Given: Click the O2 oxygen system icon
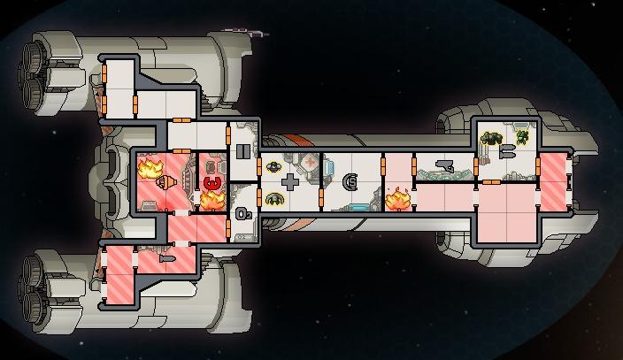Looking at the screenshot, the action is coord(243,214).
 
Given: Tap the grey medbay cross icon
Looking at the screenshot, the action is coord(290,182).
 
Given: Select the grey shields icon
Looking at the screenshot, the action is coord(350,182).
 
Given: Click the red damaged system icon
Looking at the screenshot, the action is coord(212,184).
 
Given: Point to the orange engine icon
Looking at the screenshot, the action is coord(165,182).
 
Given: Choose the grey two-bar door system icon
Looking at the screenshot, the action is coord(242,151).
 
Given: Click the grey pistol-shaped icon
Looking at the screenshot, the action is coord(444,165).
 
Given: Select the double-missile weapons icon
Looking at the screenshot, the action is coord(507,151).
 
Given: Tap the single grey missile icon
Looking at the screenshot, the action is coord(167,259).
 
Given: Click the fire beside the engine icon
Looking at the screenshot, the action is coord(150,168).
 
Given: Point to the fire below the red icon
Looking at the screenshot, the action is coord(212,201).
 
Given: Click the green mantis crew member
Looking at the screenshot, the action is coord(522,137).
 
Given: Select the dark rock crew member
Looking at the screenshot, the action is coord(491,138).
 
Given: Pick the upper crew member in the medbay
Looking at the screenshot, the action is coord(273,166).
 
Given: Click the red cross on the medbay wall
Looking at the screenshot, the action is coord(311,161).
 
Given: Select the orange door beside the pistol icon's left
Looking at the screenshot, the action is coord(414,166).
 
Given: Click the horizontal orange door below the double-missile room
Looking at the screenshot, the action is coord(491,182).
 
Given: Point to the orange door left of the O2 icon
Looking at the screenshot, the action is coord(228,228).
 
